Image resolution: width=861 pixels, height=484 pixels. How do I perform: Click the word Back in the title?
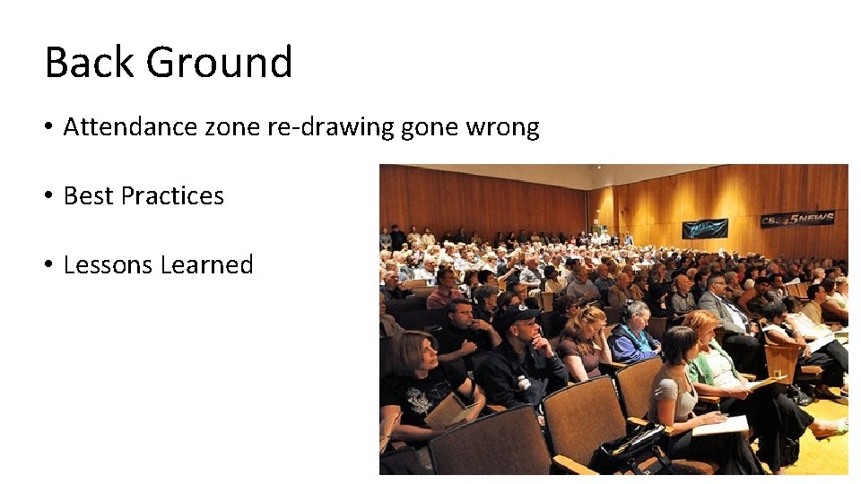88,63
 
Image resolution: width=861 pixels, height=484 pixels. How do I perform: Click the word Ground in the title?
219,63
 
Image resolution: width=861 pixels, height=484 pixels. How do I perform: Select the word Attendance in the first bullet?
130,127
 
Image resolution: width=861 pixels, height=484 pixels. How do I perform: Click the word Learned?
207,265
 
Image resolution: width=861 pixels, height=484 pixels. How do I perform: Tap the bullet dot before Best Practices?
49,196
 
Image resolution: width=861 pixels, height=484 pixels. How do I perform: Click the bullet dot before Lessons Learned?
49,265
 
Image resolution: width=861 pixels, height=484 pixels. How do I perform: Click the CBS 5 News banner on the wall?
796,219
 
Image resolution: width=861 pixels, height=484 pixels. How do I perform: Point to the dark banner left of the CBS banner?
704,229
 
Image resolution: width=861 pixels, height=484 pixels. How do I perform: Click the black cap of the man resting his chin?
518,315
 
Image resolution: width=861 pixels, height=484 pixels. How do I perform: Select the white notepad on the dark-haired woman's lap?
720,426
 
